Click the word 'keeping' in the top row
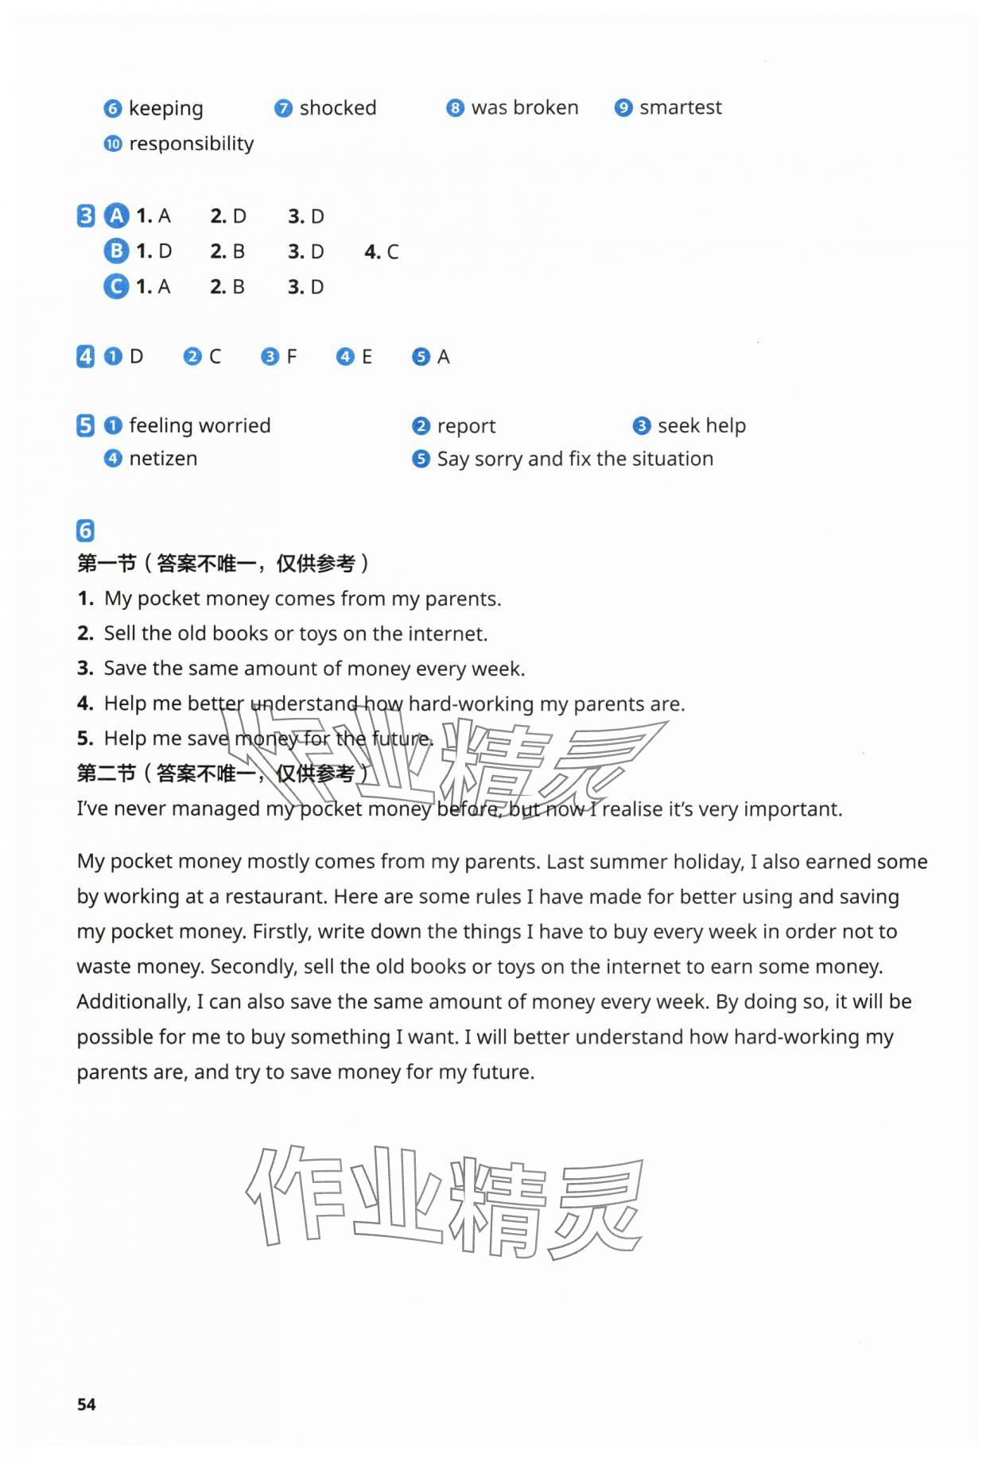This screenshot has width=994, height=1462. [x=165, y=108]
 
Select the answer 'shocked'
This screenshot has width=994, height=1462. [x=337, y=108]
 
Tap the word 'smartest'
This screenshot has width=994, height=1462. [x=680, y=107]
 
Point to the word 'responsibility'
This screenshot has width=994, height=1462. [x=191, y=144]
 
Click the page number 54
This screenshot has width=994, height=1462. [x=87, y=1404]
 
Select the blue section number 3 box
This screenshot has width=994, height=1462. [x=86, y=216]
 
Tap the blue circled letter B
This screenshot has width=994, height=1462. [x=116, y=251]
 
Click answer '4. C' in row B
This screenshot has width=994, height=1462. [x=382, y=252]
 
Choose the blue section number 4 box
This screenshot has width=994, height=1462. [x=86, y=357]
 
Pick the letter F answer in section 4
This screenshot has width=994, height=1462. [x=291, y=357]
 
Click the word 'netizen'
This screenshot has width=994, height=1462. [x=163, y=459]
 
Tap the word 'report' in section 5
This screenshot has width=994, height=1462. [x=466, y=426]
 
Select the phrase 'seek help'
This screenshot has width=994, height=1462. [x=701, y=426]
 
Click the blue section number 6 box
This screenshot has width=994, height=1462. [x=86, y=530]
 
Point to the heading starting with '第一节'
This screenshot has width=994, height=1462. [x=223, y=564]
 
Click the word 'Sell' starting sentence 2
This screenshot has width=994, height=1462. [x=120, y=634]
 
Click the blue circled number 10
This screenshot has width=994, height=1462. [x=113, y=144]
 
